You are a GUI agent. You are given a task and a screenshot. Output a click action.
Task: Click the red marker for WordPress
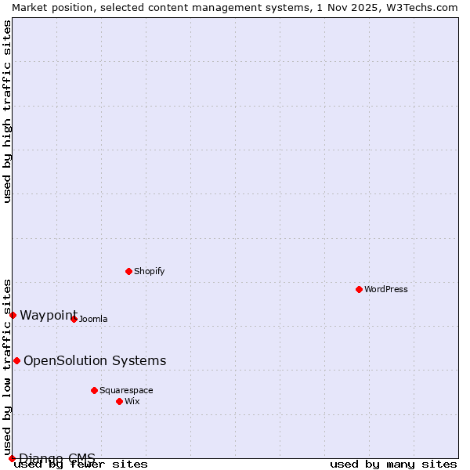tap(359, 289)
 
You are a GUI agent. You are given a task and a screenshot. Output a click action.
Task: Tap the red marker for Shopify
tap(128, 271)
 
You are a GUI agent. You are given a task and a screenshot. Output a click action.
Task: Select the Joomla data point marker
tap(74, 319)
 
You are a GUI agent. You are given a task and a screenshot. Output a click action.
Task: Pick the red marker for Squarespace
tap(94, 390)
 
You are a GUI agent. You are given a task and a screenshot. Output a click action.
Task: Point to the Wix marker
tap(119, 401)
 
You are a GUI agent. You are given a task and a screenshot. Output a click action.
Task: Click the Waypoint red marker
tap(13, 315)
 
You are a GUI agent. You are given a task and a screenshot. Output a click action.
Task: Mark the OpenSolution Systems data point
tap(16, 360)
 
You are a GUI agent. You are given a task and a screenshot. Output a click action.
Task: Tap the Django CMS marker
tap(12, 458)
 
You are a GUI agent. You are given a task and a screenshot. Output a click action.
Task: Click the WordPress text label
tap(386, 289)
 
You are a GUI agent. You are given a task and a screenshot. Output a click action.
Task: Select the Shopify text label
tap(149, 271)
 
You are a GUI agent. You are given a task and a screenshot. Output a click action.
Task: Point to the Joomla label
tap(93, 319)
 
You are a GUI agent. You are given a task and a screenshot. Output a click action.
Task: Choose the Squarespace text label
tap(126, 390)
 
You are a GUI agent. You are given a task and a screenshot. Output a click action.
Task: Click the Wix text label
tap(132, 401)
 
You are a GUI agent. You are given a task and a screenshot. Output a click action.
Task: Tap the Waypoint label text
tap(48, 315)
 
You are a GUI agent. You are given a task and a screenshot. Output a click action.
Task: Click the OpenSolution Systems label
tap(95, 360)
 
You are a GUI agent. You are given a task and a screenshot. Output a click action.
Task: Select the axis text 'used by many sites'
tap(393, 465)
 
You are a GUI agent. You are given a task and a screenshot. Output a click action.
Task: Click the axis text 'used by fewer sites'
tap(81, 465)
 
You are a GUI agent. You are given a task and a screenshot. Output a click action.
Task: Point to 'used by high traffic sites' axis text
tap(7, 111)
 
